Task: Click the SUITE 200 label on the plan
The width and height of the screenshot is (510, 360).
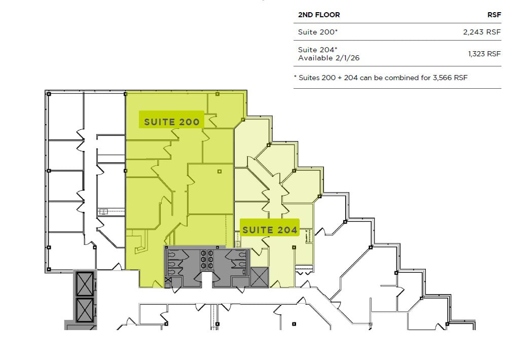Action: pyautogui.click(x=171, y=122)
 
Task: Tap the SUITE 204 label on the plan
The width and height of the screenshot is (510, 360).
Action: pyautogui.click(x=270, y=230)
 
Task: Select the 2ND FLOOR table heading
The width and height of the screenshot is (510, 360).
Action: pyautogui.click(x=319, y=15)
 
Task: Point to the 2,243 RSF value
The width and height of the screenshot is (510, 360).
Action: pyautogui.click(x=482, y=32)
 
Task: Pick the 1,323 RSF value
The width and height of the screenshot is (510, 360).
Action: pyautogui.click(x=484, y=54)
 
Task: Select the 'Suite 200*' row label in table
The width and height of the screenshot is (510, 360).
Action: pyautogui.click(x=318, y=32)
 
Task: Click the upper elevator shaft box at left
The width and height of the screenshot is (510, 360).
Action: pyautogui.click(x=84, y=283)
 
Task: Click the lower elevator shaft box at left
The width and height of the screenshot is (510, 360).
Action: pyautogui.click(x=84, y=309)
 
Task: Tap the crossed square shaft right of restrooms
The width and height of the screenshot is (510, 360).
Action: pyautogui.click(x=259, y=277)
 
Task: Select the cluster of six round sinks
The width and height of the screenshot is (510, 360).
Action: pyautogui.click(x=207, y=259)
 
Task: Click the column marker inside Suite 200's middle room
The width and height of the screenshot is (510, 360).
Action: pyautogui.click(x=220, y=171)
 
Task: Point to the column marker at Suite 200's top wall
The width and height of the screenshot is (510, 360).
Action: pyautogui.click(x=217, y=94)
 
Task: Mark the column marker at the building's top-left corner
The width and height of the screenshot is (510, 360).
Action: pyautogui.click(x=48, y=93)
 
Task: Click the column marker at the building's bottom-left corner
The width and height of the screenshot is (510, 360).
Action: pyautogui.click(x=48, y=269)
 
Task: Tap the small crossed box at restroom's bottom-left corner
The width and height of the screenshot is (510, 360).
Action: pyautogui.click(x=168, y=280)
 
